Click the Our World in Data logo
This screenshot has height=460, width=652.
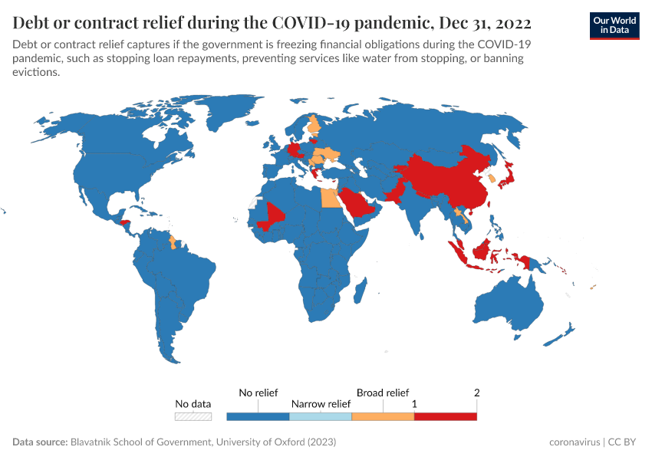tap(614, 25)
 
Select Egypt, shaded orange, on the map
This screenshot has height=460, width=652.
tap(330, 198)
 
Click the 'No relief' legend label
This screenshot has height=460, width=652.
tap(258, 393)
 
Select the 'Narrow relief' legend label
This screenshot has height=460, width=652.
tap(321, 404)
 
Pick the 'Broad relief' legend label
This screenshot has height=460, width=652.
tap(383, 393)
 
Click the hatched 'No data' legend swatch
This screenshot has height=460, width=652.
tap(193, 417)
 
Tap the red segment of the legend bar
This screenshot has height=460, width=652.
tap(445, 417)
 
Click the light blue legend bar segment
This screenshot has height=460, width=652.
tap(321, 417)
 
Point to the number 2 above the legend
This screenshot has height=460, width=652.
tap(476, 393)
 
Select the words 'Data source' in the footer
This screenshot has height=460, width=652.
tap(40, 442)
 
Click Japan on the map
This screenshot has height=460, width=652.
tap(507, 178)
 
